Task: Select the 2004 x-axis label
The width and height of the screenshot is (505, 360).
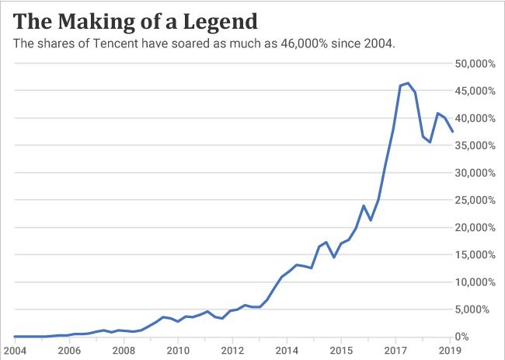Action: pyautogui.click(x=16, y=350)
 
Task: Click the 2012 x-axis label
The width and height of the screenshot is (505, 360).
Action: pyautogui.click(x=232, y=350)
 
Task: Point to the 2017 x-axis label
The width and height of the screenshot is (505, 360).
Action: pyautogui.click(x=395, y=350)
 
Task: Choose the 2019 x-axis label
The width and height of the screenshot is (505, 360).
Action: pyautogui.click(x=450, y=350)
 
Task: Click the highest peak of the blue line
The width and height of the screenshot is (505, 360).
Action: pyautogui.click(x=408, y=83)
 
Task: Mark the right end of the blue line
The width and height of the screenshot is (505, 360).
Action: pyautogui.click(x=453, y=131)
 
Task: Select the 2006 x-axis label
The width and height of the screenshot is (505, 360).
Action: pyautogui.click(x=70, y=350)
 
